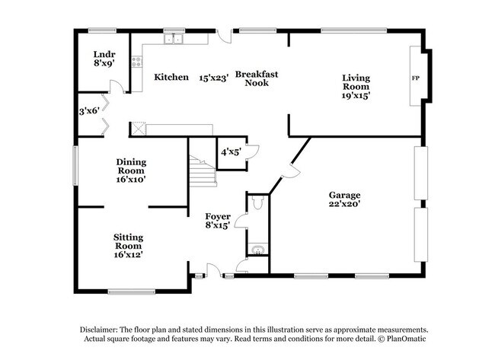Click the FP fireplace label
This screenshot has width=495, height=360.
[416, 78]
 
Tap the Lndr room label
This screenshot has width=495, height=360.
[104, 54]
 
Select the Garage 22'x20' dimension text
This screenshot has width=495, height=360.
[345, 204]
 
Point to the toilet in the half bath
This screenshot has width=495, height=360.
[258, 202]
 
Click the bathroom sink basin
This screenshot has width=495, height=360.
[258, 250]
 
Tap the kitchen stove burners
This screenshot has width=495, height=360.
[136, 62]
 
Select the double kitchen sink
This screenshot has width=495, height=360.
[174, 39]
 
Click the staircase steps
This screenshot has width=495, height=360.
[203, 172]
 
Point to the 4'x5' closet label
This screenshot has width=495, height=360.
[231, 153]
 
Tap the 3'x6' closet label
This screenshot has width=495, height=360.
[89, 111]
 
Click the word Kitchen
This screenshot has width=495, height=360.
[171, 77]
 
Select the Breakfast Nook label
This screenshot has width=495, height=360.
[257, 78]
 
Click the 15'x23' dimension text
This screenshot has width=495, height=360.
[214, 78]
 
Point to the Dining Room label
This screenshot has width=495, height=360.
[131, 166]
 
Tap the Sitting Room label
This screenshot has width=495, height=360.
[129, 241]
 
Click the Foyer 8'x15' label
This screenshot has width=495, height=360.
[218, 221]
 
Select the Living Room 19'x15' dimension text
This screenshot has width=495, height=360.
[356, 96]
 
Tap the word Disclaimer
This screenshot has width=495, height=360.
[99, 330]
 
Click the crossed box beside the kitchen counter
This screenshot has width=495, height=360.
[139, 129]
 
